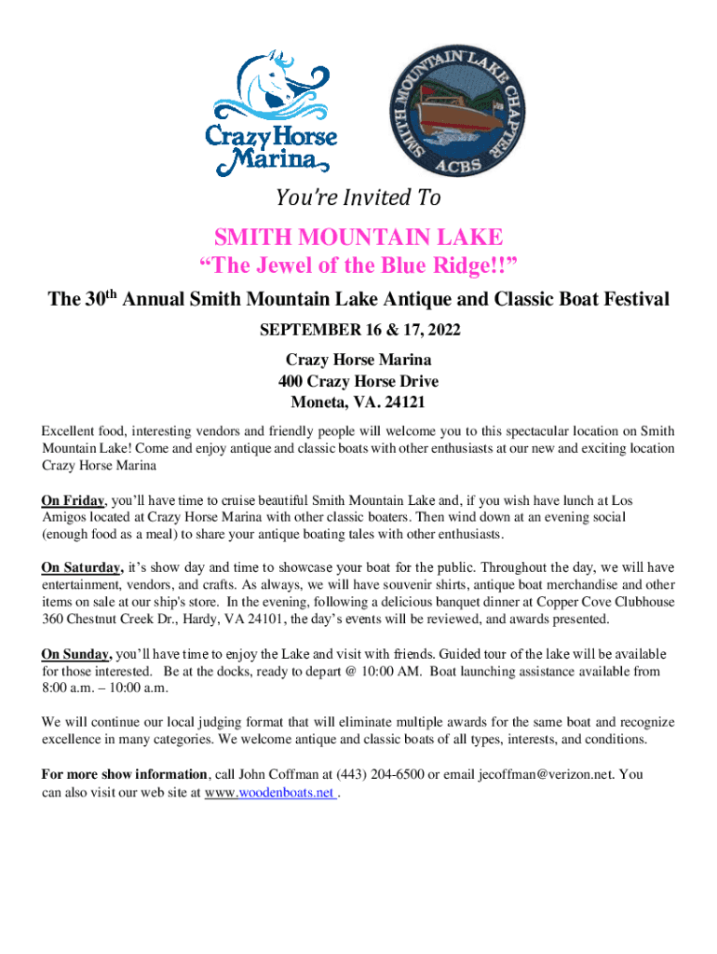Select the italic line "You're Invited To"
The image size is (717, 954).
click(358, 198)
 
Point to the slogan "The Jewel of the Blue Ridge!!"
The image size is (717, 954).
click(358, 268)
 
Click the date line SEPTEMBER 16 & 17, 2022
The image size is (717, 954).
click(358, 331)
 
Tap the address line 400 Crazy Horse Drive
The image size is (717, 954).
click(358, 381)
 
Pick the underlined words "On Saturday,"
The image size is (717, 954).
click(82, 567)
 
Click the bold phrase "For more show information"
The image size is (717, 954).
click(125, 774)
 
